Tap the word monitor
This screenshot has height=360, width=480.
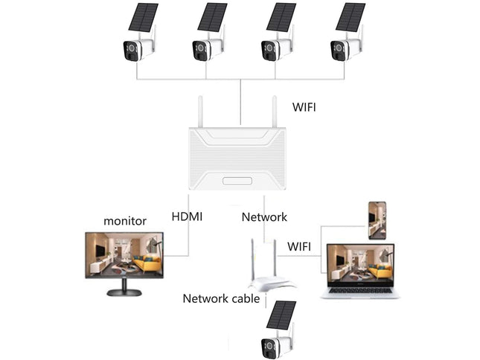124,220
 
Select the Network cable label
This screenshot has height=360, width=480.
221,299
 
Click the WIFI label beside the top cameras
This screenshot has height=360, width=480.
304,107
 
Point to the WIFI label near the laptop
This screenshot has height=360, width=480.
299,245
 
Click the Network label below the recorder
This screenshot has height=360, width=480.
264,216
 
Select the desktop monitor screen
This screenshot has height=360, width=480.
125,255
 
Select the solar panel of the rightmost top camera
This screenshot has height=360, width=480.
350,17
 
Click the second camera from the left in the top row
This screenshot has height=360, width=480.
205,49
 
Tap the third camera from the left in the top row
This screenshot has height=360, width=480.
275,49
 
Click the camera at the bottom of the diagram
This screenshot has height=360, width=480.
275,347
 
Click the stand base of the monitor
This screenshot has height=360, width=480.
125,291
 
